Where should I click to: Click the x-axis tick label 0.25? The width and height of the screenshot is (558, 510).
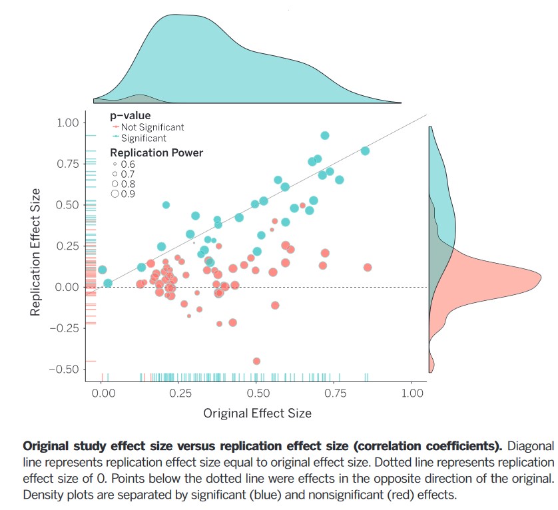click(179, 393)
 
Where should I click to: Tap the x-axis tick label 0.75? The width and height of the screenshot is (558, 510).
click(335, 393)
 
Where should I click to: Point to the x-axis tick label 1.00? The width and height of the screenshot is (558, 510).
click(413, 393)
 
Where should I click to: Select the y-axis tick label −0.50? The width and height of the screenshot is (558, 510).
click(64, 369)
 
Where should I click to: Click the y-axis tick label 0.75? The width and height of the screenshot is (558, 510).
click(68, 163)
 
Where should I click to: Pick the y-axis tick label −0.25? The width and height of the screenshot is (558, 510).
click(64, 328)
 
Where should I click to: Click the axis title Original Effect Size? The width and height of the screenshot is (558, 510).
click(257, 413)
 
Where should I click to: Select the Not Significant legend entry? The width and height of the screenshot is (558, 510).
click(152, 127)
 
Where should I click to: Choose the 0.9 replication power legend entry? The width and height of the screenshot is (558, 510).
click(123, 194)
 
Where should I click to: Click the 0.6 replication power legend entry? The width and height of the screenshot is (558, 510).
click(123, 164)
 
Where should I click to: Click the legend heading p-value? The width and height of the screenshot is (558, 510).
click(131, 116)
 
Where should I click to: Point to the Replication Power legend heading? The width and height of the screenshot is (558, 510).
click(156, 152)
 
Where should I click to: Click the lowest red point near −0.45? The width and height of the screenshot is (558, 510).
click(256, 361)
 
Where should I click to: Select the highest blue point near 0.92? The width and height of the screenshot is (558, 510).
click(325, 135)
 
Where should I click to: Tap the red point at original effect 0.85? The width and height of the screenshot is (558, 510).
click(368, 268)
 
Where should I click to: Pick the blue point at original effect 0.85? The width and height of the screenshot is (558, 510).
click(365, 150)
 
